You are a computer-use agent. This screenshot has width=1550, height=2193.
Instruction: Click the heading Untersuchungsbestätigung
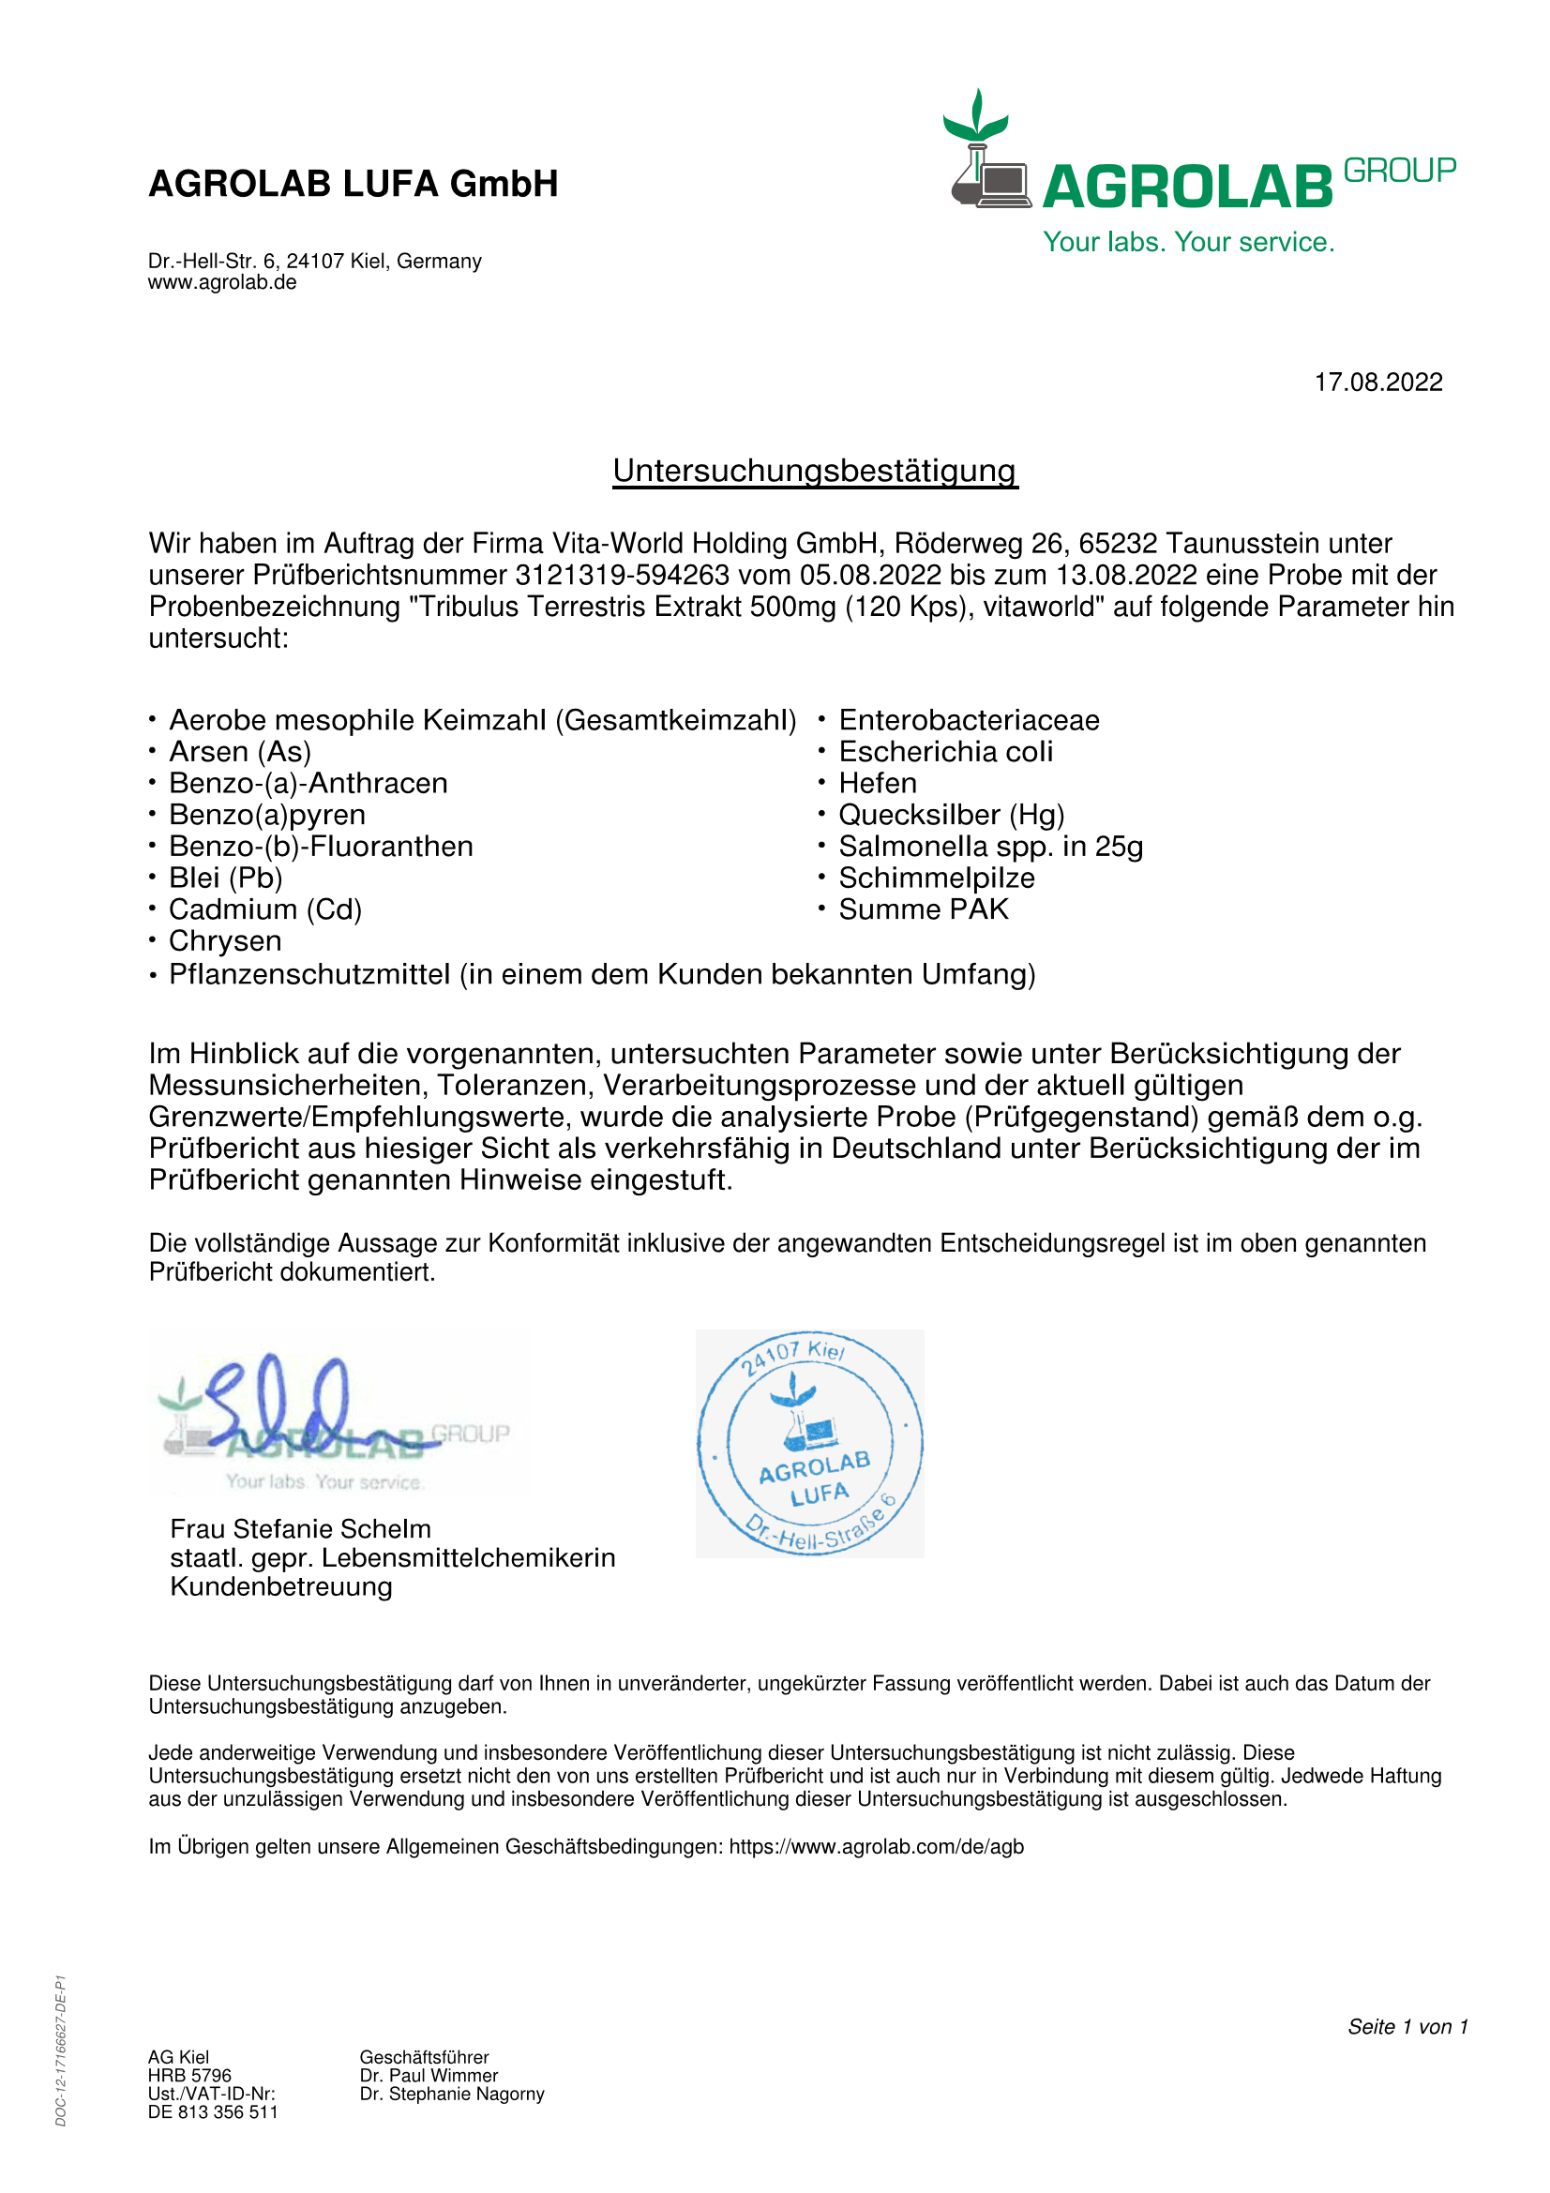click(x=815, y=471)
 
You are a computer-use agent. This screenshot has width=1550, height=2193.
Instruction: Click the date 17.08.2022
click(x=1377, y=382)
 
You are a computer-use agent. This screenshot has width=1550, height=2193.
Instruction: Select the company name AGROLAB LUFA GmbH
click(x=354, y=184)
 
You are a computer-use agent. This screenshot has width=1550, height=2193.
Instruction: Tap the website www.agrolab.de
click(x=221, y=283)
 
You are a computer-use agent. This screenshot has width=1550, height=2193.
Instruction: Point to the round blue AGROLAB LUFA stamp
click(x=810, y=1443)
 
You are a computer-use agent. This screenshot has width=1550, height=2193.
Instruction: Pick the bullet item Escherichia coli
click(x=945, y=752)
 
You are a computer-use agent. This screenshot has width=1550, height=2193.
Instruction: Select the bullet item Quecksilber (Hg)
click(x=951, y=815)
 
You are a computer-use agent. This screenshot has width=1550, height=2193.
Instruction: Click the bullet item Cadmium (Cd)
click(x=265, y=909)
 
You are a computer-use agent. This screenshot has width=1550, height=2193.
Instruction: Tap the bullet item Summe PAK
click(x=924, y=909)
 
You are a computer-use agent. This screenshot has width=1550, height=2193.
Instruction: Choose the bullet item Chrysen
click(x=225, y=940)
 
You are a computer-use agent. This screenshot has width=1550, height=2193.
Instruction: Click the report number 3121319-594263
click(x=623, y=575)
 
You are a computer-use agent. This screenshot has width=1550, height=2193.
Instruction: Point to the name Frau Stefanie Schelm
click(x=301, y=1528)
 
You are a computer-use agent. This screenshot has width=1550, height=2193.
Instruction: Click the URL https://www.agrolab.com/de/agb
click(x=876, y=1846)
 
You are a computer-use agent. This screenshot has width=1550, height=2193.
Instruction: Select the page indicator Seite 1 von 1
click(x=1407, y=2026)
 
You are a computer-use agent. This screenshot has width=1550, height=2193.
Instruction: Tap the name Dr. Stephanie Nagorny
click(x=452, y=2094)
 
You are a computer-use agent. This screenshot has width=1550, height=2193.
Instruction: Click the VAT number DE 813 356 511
click(x=213, y=2111)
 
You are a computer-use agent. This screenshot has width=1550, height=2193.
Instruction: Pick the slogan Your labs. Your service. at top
click(x=1188, y=242)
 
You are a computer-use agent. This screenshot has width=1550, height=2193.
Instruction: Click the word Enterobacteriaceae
click(x=969, y=720)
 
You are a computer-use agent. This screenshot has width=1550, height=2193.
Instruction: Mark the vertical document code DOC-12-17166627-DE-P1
click(x=61, y=2050)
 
